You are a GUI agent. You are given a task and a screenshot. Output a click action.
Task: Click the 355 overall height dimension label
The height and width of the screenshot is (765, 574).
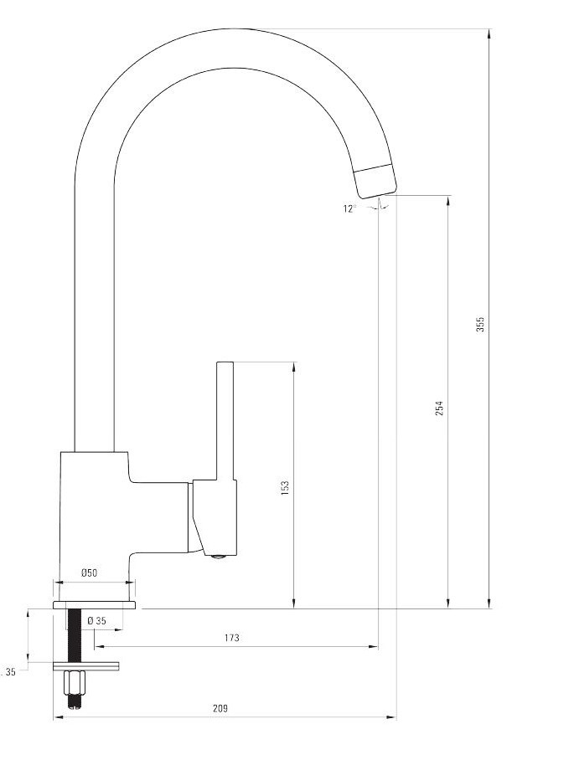(x=481, y=325)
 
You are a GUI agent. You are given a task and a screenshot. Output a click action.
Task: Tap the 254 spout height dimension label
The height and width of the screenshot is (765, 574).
(x=440, y=408)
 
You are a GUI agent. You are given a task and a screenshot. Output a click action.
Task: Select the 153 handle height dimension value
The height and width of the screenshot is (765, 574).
(x=285, y=488)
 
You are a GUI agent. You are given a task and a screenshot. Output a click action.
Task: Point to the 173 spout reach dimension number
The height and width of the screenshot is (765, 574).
(x=232, y=638)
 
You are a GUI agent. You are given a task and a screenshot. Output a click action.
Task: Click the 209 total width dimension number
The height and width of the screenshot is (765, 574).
(x=220, y=708)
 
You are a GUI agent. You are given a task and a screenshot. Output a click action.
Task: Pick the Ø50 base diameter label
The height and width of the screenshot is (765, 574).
(x=89, y=573)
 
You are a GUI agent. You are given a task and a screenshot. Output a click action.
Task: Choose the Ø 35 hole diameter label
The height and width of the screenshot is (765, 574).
(x=96, y=621)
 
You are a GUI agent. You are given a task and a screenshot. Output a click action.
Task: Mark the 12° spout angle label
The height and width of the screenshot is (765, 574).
(x=349, y=208)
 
